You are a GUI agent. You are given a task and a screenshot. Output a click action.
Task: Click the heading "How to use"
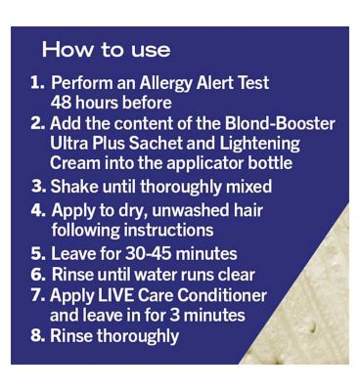[x=106, y=50]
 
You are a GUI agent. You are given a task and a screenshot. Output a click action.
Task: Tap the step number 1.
[x=37, y=83]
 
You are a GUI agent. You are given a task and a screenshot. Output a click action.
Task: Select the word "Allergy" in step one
[x=165, y=84]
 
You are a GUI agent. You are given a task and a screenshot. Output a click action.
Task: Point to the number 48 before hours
[x=62, y=103]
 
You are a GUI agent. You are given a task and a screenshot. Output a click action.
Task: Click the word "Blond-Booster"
[x=280, y=124]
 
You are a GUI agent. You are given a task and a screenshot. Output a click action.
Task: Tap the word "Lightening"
[x=259, y=145]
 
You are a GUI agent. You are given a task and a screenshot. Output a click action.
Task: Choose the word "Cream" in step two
[x=75, y=163]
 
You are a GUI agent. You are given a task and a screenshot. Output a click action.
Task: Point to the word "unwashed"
[x=185, y=210]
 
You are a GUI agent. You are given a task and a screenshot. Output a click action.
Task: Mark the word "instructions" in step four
[x=168, y=230]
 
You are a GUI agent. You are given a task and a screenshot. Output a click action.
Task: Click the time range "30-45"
[x=148, y=254]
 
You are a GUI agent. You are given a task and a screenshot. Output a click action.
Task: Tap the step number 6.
[x=37, y=275]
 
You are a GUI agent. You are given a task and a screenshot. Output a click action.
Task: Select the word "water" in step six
[x=154, y=275]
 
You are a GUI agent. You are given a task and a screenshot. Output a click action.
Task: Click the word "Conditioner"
[x=222, y=295]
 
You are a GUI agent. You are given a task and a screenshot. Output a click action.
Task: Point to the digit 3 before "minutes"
[x=174, y=316]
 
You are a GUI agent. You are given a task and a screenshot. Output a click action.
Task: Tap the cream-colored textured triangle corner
[x=313, y=313]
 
